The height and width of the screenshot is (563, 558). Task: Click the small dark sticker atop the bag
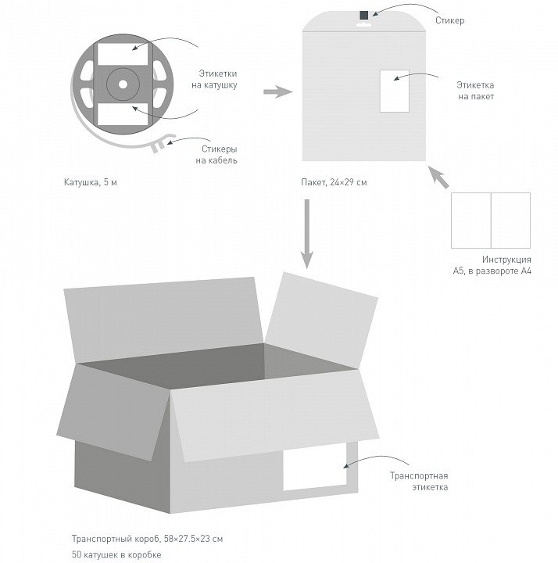pos(364,15)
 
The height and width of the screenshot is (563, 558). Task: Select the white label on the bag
pos(393,91)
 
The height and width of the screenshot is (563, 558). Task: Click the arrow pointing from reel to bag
pos(277,92)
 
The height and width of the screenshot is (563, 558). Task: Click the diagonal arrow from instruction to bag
pos(441,178)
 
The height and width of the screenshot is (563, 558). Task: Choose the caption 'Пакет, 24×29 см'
pos(334,182)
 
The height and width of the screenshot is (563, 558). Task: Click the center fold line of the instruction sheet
pos(491,221)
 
